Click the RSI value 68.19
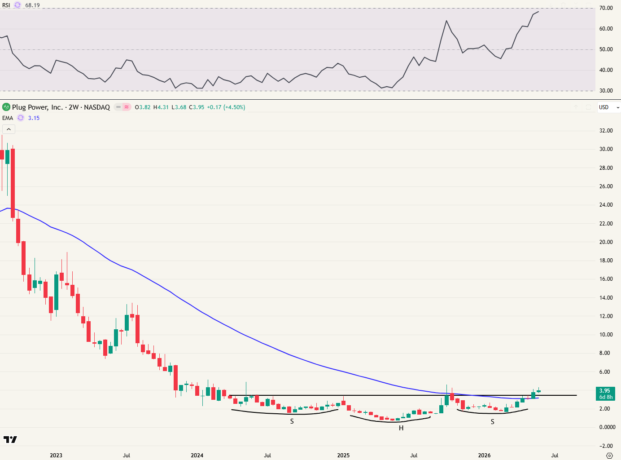coord(32,5)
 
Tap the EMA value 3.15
coord(34,118)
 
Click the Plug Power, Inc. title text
coord(37,107)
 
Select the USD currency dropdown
coord(609,107)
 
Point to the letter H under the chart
coord(401,428)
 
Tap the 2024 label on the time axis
coord(197,455)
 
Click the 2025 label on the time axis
coord(343,455)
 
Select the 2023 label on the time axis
coord(56,455)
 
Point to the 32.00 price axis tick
coord(606,131)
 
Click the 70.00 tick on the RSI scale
coord(606,8)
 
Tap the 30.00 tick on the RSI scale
coord(606,91)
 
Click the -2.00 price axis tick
coord(606,446)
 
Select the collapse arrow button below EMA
coord(9,129)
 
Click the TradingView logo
coord(10,439)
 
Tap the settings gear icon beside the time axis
coord(609,456)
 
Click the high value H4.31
coord(161,107)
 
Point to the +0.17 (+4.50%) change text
coord(226,107)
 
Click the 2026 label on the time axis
coord(484,455)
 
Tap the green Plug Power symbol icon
coord(6,107)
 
